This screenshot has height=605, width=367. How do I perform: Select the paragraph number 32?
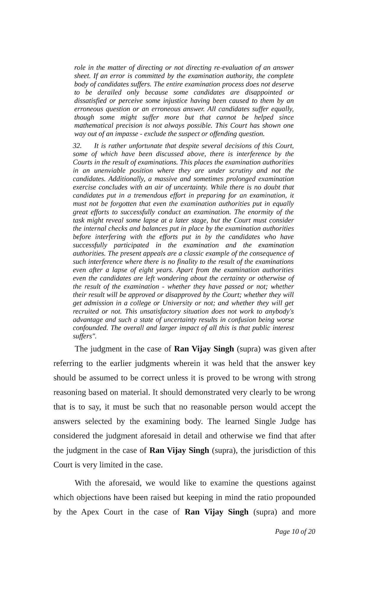pos(77,146)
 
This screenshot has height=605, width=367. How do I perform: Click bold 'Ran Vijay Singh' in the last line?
pos(216,512)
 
